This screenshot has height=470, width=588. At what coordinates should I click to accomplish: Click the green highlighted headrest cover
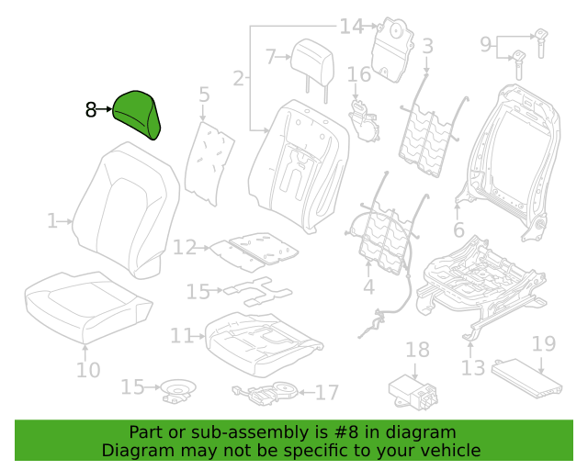pos(136,115)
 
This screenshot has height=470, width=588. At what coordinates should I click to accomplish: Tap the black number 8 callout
pos(91,110)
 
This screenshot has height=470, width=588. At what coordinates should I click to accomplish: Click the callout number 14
pos(351,27)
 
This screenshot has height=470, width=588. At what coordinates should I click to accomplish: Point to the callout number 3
pos(427,46)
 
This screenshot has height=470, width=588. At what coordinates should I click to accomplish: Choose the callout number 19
pos(544,343)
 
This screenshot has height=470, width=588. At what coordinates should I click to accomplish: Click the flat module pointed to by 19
pos(526,378)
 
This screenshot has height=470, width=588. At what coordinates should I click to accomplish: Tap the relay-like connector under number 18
pos(413,390)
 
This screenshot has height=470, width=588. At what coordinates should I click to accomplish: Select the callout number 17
pos(327,392)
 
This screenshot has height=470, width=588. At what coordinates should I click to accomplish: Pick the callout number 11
pos(182,335)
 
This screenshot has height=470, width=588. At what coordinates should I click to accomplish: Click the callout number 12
pos(185,247)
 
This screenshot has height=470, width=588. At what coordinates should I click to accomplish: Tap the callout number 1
pos(52,221)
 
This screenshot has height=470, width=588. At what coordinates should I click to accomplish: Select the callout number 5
pos(204,95)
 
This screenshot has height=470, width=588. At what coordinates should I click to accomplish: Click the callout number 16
pos(359,74)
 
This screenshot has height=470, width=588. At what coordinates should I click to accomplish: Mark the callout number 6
pos(458,229)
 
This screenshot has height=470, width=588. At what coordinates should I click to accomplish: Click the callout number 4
pos(369,286)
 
